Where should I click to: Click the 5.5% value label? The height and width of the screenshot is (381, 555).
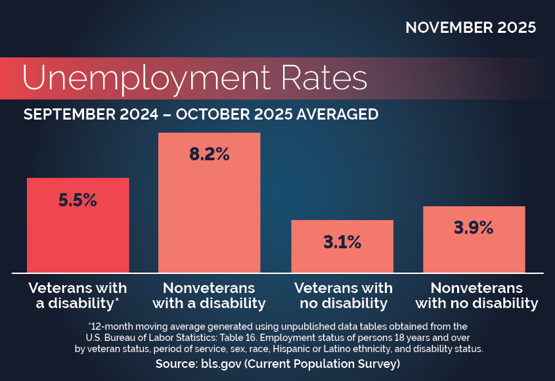[78, 201]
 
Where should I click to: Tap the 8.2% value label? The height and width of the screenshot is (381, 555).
[209, 154]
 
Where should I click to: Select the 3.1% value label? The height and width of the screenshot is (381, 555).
[342, 242]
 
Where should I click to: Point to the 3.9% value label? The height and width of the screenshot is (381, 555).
[474, 228]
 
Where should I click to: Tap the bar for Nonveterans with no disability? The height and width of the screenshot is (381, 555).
[474, 253]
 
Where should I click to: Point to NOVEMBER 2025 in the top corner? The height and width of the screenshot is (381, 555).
[470, 28]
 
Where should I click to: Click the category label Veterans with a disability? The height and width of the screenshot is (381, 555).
[76, 296]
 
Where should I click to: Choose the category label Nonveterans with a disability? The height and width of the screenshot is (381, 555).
[209, 296]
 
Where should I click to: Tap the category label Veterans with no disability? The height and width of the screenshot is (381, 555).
[343, 296]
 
